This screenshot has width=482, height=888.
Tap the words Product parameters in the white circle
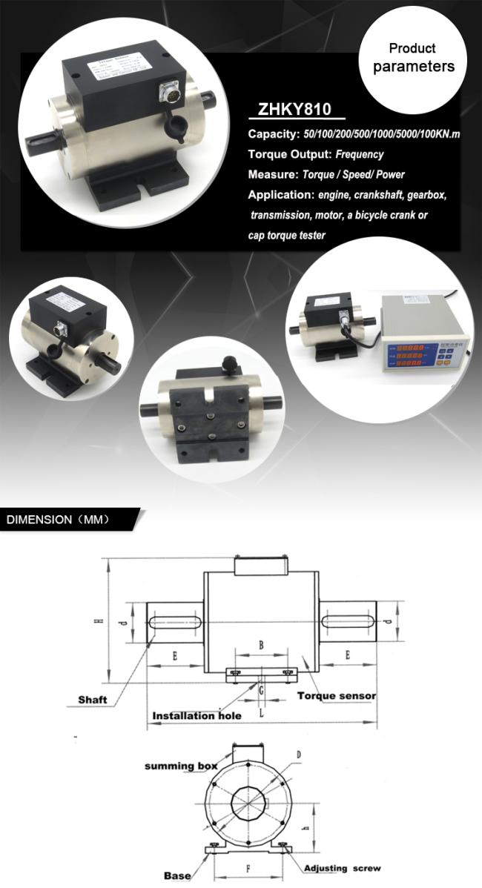pyautogui.click(x=413, y=59)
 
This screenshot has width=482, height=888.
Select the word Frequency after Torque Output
pyautogui.click(x=360, y=155)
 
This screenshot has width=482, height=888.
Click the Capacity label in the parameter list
pyautogui.click(x=274, y=134)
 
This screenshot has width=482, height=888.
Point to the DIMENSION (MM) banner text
pyautogui.click(x=58, y=519)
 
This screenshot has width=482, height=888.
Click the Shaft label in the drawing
pyautogui.click(x=93, y=700)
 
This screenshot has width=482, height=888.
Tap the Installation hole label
pyautogui.click(x=197, y=717)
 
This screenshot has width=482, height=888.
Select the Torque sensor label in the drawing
pyautogui.click(x=336, y=696)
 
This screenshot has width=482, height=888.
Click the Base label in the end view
pyautogui.click(x=177, y=875)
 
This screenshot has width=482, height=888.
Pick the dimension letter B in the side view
pyautogui.click(x=261, y=646)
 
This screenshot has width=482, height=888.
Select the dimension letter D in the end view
pyautogui.click(x=298, y=755)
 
